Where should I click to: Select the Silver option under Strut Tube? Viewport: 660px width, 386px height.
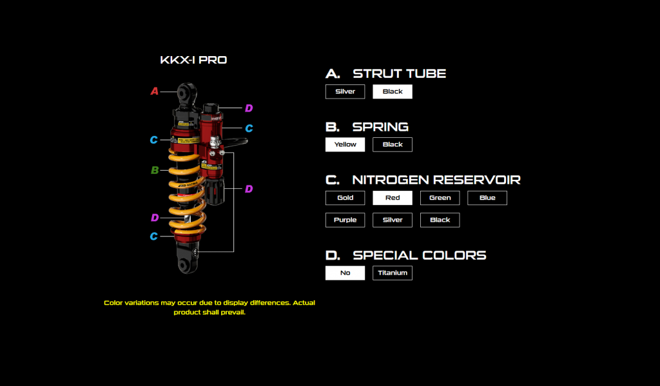coord(345,92)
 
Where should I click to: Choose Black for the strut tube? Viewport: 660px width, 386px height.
coord(392,92)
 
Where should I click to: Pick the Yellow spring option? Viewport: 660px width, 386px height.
coord(345,144)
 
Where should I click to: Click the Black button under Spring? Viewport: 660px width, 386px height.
coord(392,144)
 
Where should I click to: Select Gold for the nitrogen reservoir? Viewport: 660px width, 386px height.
coord(345,198)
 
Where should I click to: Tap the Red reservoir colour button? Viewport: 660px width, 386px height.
coord(392,198)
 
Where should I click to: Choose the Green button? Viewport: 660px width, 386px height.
coord(440,198)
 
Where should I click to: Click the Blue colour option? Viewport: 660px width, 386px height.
coord(487,198)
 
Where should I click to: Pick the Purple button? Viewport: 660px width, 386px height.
coord(345,220)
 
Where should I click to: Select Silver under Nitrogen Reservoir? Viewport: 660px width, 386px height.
coord(392,220)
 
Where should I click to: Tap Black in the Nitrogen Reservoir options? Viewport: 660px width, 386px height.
coord(440,220)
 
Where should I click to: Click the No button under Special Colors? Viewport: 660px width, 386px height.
coord(345,273)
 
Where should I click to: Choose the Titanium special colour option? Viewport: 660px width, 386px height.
coord(392,273)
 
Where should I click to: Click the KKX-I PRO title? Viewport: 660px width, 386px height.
coord(193,61)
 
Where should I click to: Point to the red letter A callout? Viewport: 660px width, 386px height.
coord(155,92)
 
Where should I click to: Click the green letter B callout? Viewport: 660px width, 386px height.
coord(155,171)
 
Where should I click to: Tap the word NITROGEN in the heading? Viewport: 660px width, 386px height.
coord(389,180)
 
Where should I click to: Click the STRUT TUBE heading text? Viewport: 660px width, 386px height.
coord(399,73)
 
